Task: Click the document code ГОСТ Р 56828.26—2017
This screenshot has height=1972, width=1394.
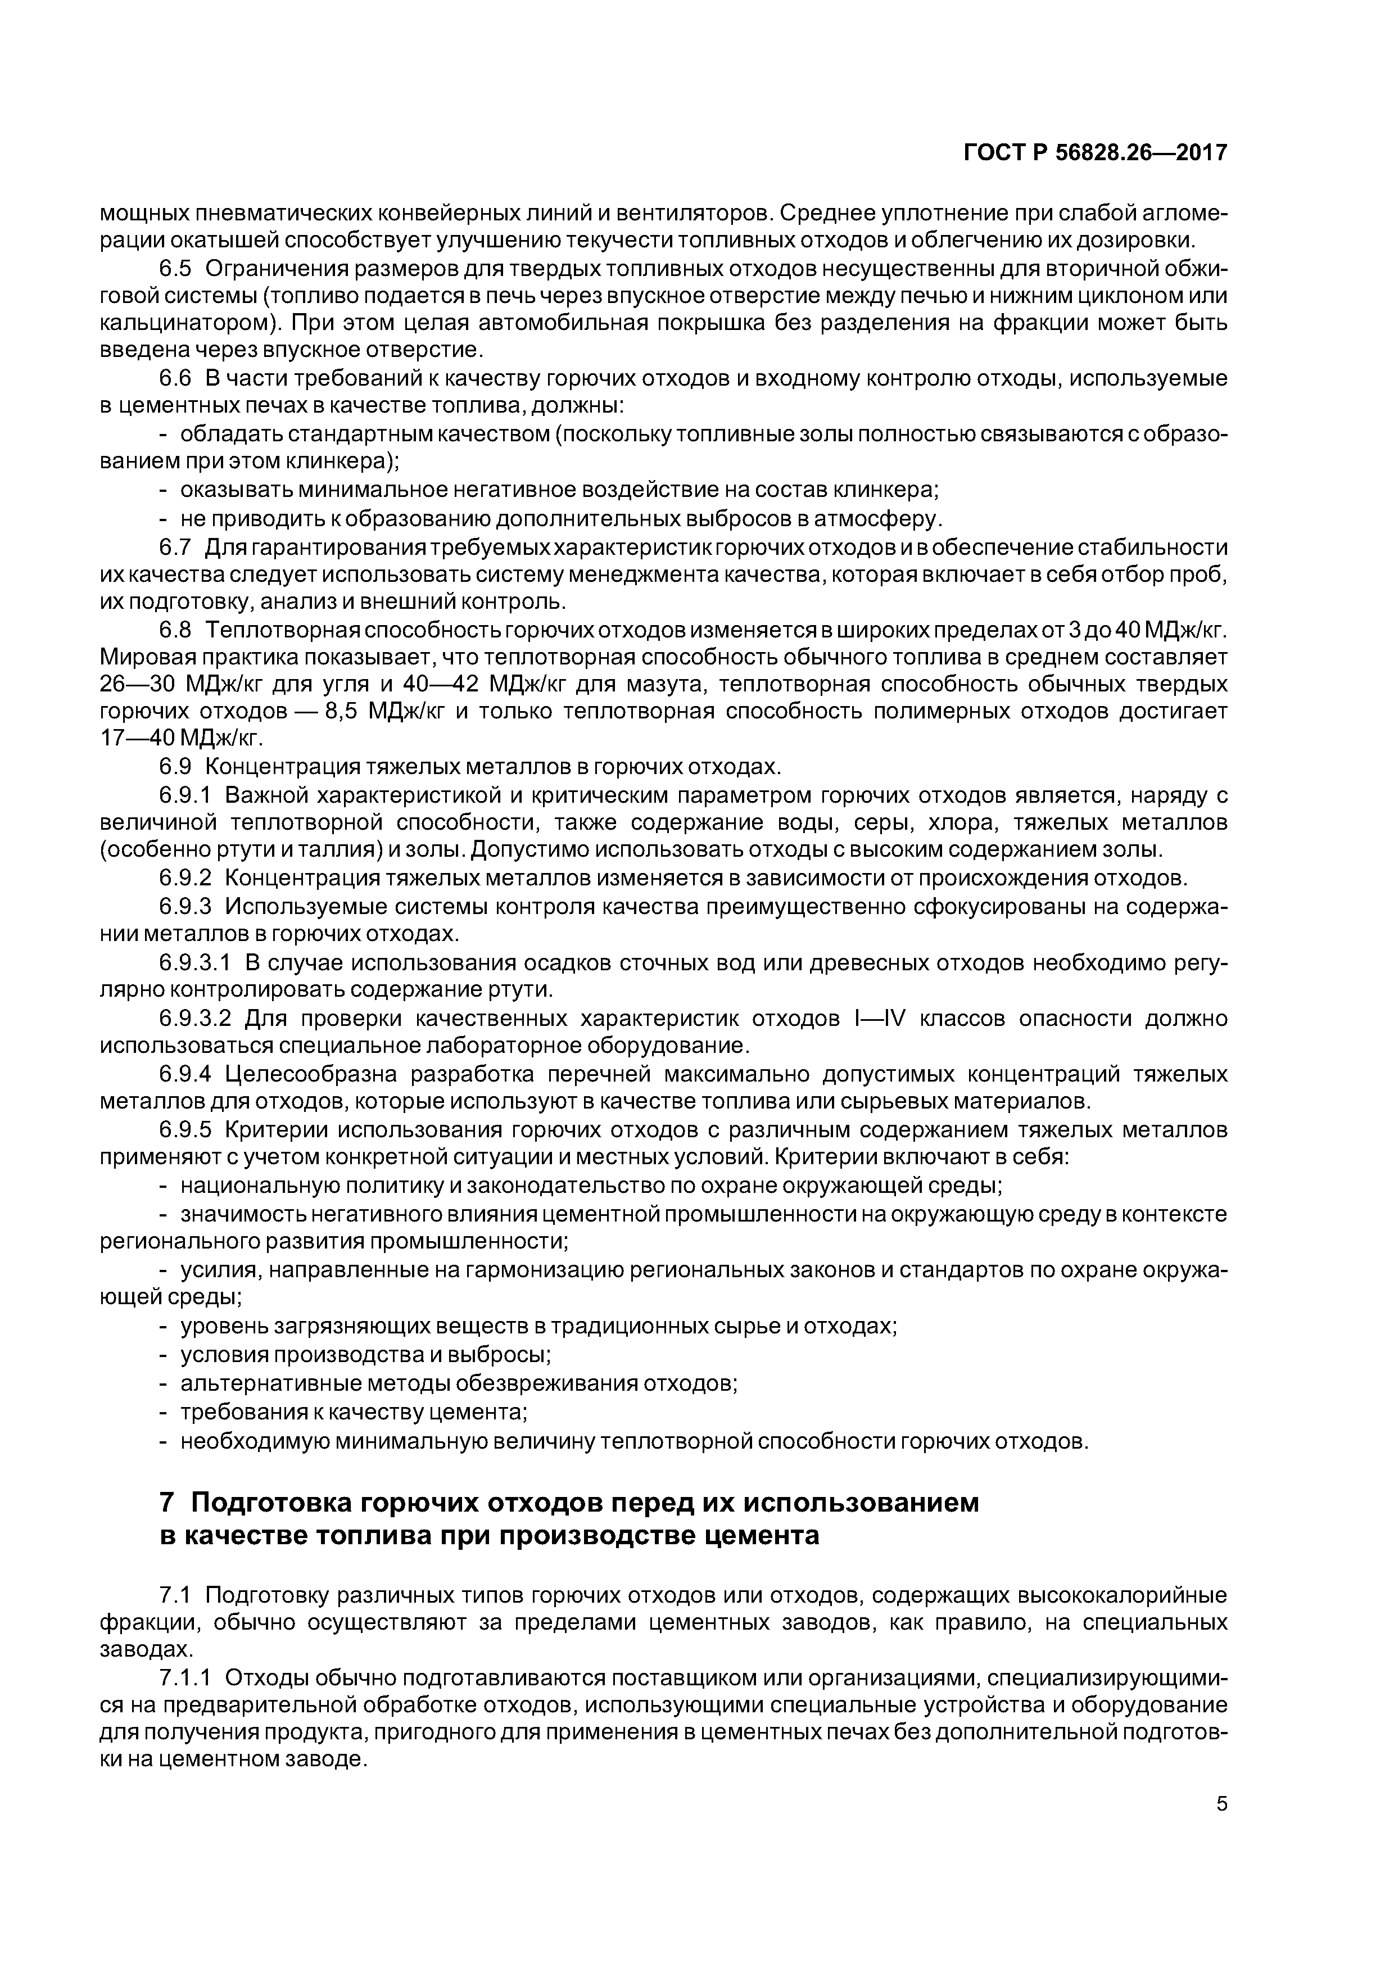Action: [x=1095, y=153]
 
